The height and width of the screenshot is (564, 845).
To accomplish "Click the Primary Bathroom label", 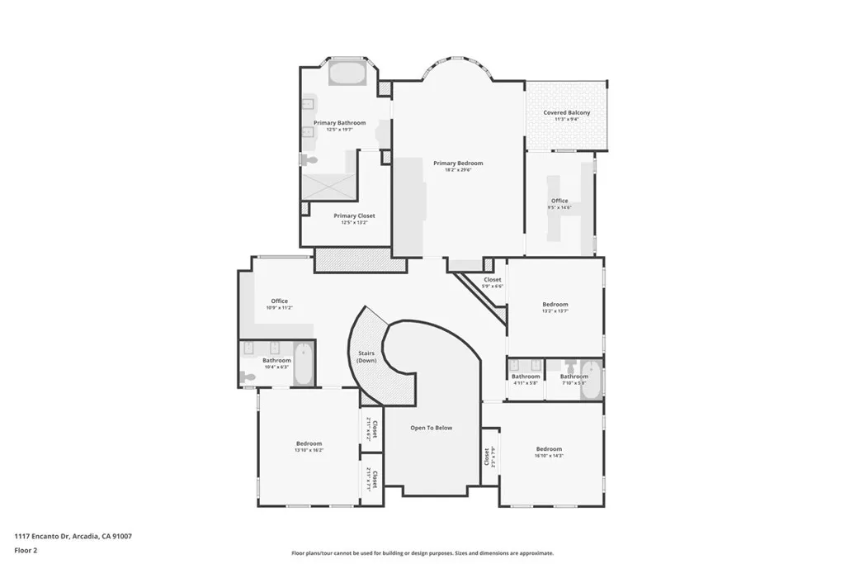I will [x=339, y=123].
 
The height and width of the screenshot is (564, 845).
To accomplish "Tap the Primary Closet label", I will [x=354, y=216].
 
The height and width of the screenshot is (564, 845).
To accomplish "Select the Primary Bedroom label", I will [x=458, y=164].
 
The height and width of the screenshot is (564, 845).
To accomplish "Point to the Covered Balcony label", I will [x=566, y=113].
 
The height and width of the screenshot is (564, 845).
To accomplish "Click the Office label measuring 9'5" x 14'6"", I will [x=559, y=201].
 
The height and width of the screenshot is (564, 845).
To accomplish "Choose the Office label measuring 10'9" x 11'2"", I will [x=279, y=301].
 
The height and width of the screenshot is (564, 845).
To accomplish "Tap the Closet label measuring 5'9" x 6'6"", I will [x=493, y=281].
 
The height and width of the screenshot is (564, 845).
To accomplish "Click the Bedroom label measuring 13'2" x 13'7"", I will [x=555, y=305].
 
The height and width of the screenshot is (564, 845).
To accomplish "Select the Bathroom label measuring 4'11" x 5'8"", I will [x=526, y=377].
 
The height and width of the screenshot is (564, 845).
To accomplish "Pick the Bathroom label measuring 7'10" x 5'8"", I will [x=574, y=377].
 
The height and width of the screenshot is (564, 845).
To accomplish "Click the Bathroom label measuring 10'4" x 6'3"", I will [x=276, y=361].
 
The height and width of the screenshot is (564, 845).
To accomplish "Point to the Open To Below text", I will [x=432, y=428].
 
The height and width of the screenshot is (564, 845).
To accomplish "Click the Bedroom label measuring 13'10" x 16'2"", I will [x=308, y=444].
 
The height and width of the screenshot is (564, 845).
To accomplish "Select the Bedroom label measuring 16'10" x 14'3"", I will [x=549, y=450].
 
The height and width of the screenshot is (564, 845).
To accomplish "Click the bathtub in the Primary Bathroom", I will [x=347, y=73].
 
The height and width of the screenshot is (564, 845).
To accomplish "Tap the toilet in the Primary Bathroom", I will [x=309, y=159].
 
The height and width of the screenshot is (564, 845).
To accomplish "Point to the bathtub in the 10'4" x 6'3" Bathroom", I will [x=303, y=364].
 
